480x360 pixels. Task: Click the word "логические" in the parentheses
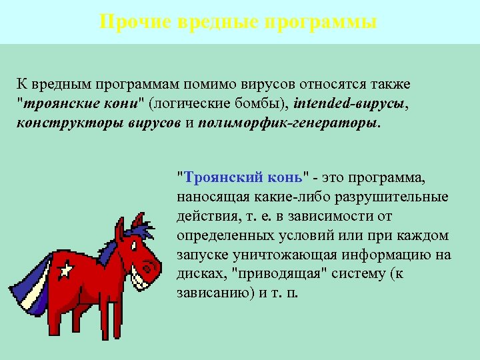coord(188,105)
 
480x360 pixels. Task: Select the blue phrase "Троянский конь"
coord(241,178)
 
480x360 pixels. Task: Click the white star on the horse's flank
coord(65,270)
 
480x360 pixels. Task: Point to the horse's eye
coord(139,242)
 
